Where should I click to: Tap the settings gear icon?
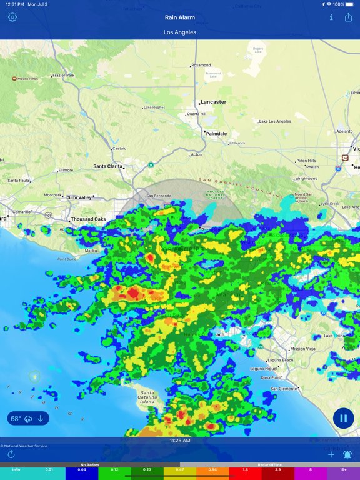tap(12, 17)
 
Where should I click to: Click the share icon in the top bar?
tap(349, 17)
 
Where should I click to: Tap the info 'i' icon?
tap(331, 17)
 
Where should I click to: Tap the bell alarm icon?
tap(347, 454)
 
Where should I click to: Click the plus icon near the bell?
tap(332, 454)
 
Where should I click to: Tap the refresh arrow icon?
tap(11, 454)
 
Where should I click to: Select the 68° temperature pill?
tap(28, 419)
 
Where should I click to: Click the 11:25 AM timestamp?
tap(180, 441)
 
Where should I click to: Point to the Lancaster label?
tap(214, 102)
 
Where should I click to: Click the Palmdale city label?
tap(217, 134)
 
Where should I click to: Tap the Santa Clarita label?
tap(107, 166)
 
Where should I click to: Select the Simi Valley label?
tap(79, 197)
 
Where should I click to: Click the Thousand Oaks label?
tap(88, 219)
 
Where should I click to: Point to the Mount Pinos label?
tap(27, 79)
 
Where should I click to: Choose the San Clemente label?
tap(285, 389)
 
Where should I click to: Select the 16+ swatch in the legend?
tap(343, 469)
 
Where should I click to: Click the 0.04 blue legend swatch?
tap(82, 469)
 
